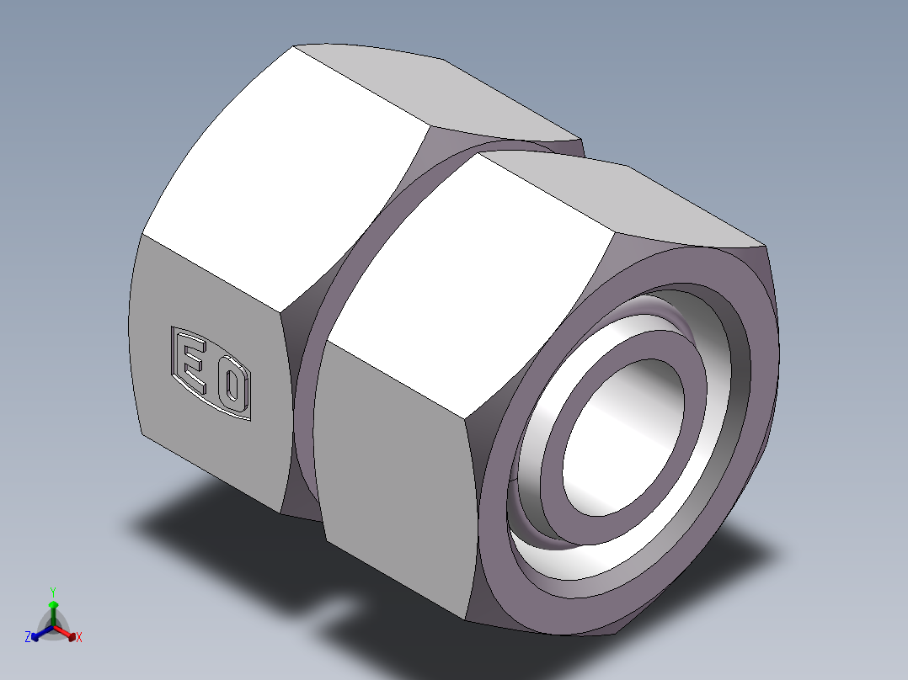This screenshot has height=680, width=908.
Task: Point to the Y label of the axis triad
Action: (x=52, y=591)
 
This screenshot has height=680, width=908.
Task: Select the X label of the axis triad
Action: (x=79, y=638)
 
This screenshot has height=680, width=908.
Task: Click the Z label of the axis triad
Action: (x=28, y=638)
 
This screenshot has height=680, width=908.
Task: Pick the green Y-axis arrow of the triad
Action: (x=53, y=608)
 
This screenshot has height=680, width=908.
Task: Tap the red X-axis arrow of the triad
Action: (x=69, y=633)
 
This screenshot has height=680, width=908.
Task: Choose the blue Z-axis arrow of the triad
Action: (x=37, y=634)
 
